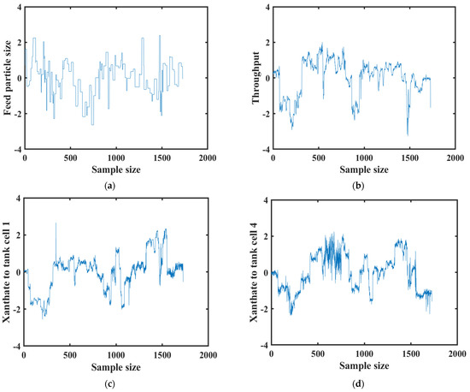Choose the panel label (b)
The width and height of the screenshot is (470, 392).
(363, 186)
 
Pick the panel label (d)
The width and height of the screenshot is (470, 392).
(363, 380)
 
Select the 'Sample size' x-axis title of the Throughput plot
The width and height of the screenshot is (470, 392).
(363, 169)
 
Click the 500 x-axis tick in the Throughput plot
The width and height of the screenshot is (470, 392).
(318, 157)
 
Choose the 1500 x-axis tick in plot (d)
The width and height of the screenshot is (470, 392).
(409, 353)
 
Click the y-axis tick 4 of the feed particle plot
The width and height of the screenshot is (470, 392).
(18, 8)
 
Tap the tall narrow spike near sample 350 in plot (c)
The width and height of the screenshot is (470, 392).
(56, 224)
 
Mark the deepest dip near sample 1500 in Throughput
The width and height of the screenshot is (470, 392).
(408, 134)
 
